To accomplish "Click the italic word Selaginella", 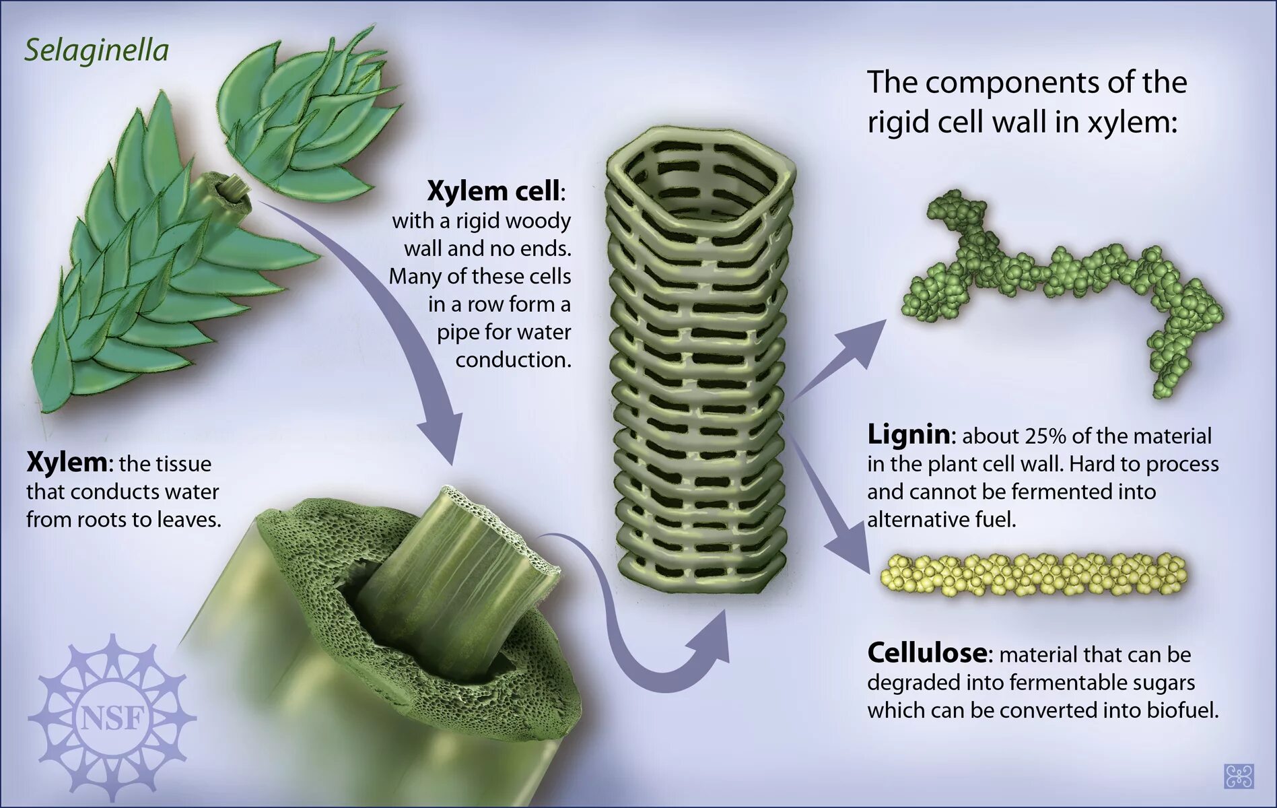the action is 96,51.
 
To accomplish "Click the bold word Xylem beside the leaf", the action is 66,463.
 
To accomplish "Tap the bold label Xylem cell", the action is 493,191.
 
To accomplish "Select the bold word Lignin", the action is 909,435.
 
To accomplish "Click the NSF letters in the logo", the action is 112,719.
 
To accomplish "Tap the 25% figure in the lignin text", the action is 1045,436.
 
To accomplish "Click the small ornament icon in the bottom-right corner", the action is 1238,776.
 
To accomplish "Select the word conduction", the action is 513,360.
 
